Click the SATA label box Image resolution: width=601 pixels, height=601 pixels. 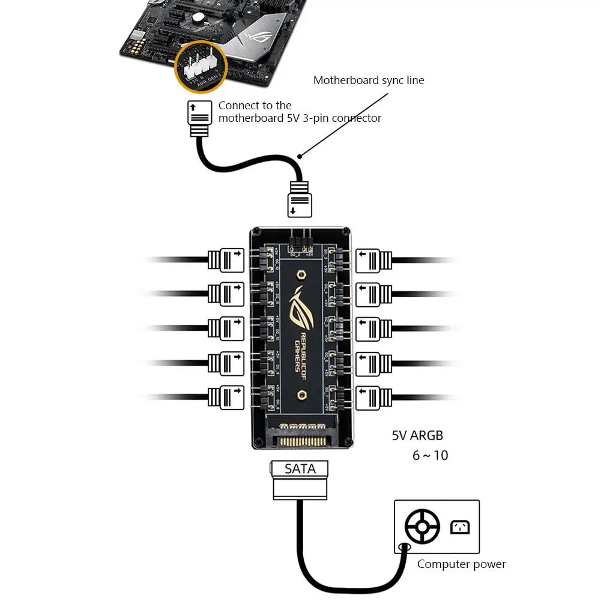(300, 469)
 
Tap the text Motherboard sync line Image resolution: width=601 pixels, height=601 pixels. (369, 80)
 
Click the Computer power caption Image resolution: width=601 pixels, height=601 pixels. (461, 564)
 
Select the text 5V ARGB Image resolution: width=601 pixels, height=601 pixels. (417, 436)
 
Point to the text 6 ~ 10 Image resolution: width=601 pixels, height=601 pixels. (430, 455)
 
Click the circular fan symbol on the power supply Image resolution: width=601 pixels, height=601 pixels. (422, 527)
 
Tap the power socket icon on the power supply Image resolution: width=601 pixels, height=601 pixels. (459, 527)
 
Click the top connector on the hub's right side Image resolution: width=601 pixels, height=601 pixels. (374, 260)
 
